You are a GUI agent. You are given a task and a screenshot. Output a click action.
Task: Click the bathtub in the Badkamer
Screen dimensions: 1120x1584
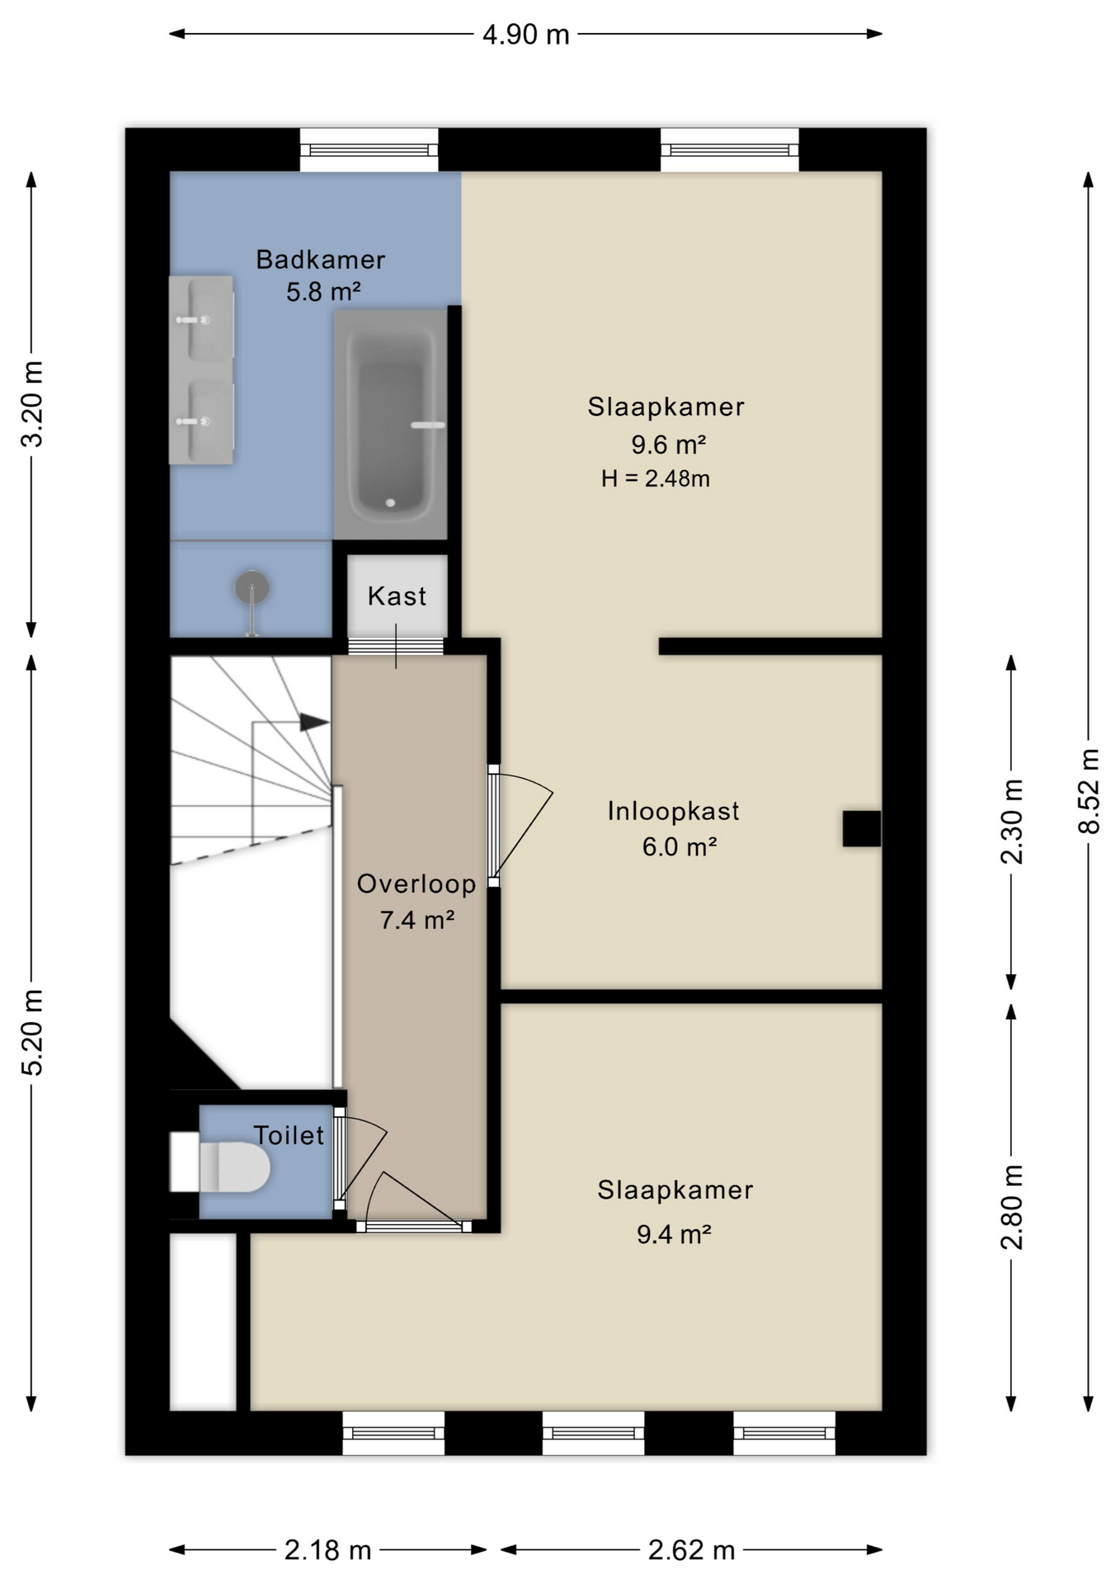[x=391, y=424]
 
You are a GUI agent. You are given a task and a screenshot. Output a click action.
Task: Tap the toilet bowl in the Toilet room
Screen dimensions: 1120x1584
[x=234, y=1167]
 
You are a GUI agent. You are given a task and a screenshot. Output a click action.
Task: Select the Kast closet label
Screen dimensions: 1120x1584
[x=397, y=596]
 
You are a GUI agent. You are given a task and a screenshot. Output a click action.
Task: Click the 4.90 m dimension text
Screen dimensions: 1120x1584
[x=526, y=35]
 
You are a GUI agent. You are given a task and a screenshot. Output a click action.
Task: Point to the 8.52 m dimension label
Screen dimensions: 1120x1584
[x=1089, y=791]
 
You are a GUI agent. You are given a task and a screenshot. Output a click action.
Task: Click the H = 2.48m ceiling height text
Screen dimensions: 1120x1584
[x=655, y=478]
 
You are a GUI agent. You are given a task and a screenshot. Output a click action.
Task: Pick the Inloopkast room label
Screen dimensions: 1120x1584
[x=673, y=811]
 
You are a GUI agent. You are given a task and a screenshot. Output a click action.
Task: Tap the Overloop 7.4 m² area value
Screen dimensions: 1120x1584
[x=416, y=919]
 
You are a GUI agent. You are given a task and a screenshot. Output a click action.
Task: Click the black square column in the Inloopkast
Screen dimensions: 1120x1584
[x=861, y=828]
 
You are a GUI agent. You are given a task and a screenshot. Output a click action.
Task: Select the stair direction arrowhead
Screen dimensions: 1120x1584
[x=313, y=722]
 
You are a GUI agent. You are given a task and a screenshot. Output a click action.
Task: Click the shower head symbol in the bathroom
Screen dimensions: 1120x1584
[x=252, y=587]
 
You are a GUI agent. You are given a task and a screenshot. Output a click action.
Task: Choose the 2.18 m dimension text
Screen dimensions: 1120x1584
[x=327, y=1550]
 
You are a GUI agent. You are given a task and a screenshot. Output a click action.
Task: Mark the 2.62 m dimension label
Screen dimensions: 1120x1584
[x=691, y=1550]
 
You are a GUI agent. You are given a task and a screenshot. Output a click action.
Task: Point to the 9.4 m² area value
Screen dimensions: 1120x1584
[x=674, y=1234]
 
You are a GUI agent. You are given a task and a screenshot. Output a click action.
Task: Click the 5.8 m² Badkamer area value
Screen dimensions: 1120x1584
[x=323, y=291]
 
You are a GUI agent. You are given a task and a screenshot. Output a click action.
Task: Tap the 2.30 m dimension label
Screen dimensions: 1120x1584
[x=1011, y=822]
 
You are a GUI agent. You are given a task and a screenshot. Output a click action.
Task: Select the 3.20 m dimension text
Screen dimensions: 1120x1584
[x=31, y=404]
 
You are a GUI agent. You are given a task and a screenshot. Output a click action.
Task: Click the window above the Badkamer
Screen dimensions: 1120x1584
[x=369, y=150]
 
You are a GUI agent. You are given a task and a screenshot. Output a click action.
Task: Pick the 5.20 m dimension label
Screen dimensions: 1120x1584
[x=31, y=1032]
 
